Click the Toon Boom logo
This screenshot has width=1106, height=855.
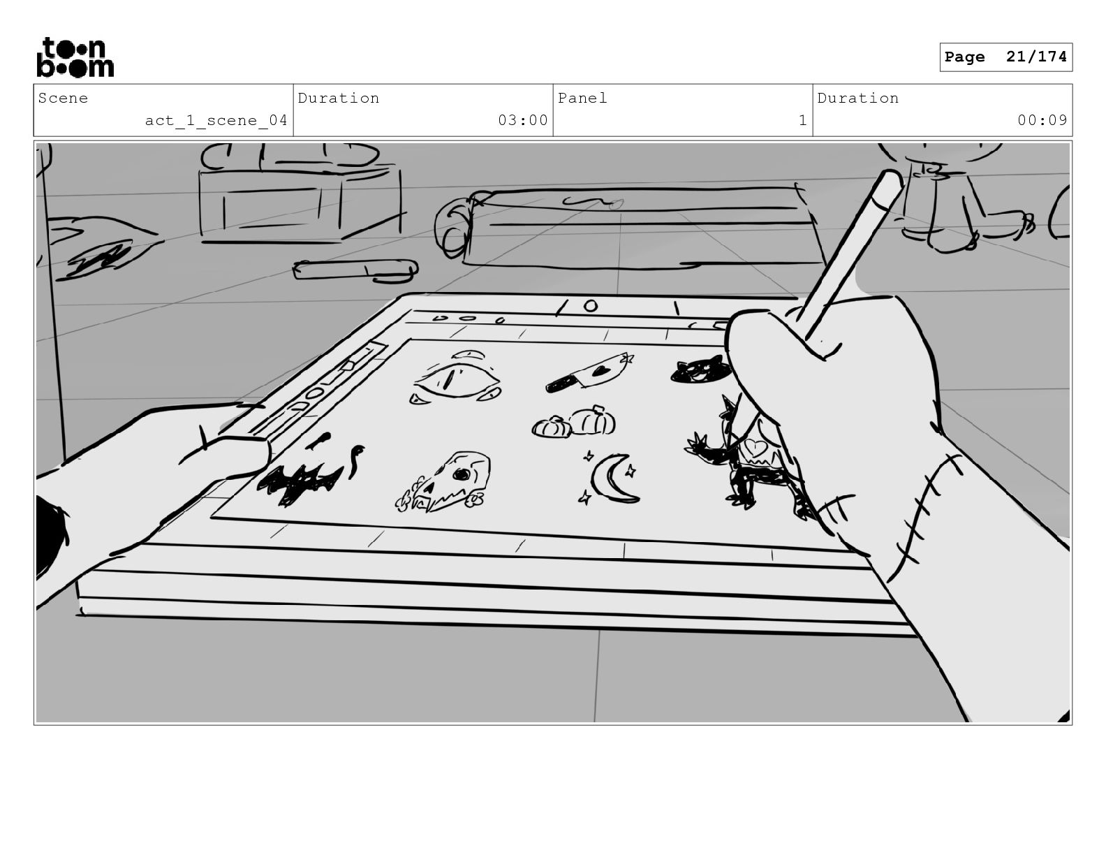point(75,57)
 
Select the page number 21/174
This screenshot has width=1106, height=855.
point(1036,57)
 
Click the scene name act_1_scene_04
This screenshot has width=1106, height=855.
point(216,121)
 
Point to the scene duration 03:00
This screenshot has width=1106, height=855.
point(522,121)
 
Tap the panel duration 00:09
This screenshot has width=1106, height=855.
point(1042,121)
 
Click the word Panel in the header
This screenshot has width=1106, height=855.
point(582,98)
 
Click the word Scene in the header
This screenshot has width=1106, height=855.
point(63,98)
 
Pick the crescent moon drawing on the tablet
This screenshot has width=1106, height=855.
point(612,478)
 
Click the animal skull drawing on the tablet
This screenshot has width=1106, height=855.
point(447,481)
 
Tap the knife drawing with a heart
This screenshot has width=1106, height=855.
point(590,372)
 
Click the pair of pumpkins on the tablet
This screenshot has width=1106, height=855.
point(575,423)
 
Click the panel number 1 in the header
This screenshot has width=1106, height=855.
point(802,121)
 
